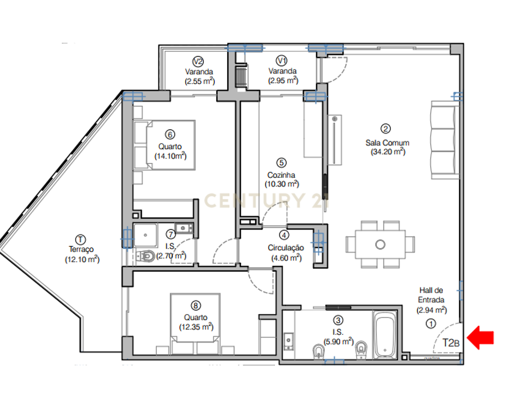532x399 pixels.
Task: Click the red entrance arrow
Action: click(x=480, y=337)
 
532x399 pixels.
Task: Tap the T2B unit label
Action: click(x=451, y=343)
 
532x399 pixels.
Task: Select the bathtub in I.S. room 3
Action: click(x=385, y=335)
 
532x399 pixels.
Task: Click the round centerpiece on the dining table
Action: click(x=380, y=244)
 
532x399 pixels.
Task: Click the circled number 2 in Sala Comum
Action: click(x=386, y=129)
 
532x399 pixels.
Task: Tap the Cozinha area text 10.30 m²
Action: click(x=282, y=184)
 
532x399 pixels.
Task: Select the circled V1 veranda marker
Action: click(x=282, y=61)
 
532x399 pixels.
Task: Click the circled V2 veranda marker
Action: click(x=198, y=62)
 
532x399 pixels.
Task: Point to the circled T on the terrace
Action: click(x=80, y=239)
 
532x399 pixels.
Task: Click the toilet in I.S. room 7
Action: click(x=145, y=256)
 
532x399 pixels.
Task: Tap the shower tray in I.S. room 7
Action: click(x=145, y=235)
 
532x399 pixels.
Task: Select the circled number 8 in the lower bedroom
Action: click(x=196, y=306)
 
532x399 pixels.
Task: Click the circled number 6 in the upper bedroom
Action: click(x=170, y=134)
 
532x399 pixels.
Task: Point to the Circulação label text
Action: click(x=286, y=248)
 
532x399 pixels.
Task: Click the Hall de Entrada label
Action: click(x=431, y=295)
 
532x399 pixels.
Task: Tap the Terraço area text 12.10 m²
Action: click(x=82, y=259)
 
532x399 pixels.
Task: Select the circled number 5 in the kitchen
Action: click(x=282, y=163)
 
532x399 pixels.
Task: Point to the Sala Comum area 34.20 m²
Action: click(x=388, y=152)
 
